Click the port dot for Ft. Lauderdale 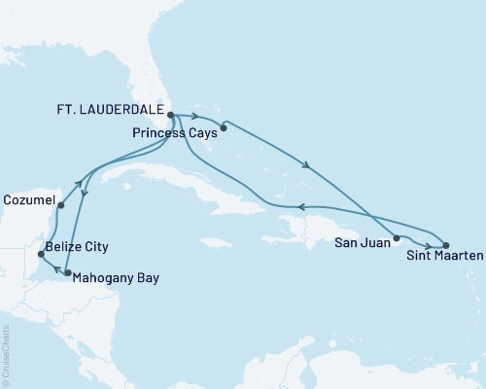click(x=170, y=115)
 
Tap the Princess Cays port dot click(x=224, y=125)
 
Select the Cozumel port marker click(x=60, y=205)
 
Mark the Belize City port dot click(x=40, y=254)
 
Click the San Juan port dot click(x=397, y=237)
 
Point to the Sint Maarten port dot click(x=446, y=246)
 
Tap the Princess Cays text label click(x=169, y=131)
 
